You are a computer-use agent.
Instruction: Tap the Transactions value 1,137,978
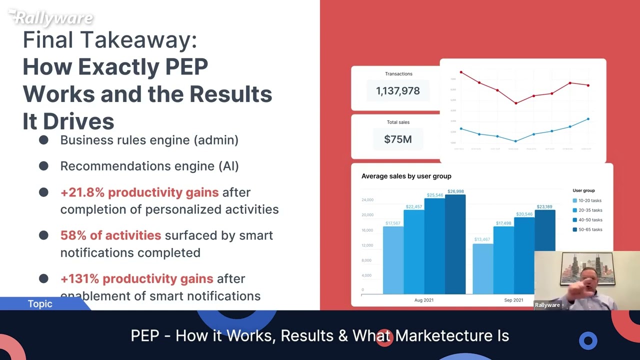(397, 91)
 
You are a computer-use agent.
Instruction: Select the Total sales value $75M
(397, 139)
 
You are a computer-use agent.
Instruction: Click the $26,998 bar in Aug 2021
(455, 245)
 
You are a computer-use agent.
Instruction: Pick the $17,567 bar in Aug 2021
(393, 260)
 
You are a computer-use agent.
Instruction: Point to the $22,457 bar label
(413, 206)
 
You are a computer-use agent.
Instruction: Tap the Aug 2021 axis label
(424, 300)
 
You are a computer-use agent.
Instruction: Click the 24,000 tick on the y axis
(367, 200)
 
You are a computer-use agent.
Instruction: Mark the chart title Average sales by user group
(406, 176)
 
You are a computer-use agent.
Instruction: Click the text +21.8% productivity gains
(139, 192)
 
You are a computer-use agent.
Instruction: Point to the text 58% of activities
(110, 235)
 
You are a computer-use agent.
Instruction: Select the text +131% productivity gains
(136, 279)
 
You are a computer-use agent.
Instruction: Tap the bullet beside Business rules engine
(43, 140)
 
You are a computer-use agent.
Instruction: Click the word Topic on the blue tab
(40, 304)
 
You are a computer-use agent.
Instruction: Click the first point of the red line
(461, 72)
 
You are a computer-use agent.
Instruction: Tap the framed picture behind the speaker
(587, 267)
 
